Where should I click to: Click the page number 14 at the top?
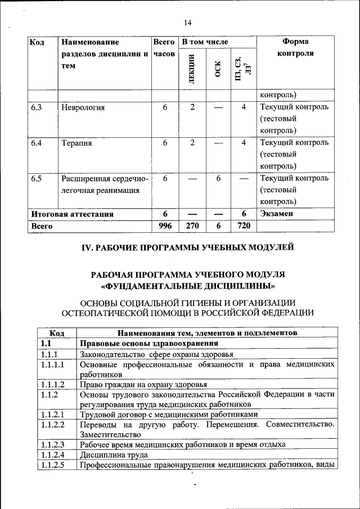[188, 22]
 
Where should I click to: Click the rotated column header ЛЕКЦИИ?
[191, 67]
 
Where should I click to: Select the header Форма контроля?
[295, 47]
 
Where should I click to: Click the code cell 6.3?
[37, 107]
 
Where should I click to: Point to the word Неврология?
[83, 107]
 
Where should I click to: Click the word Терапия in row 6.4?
[76, 143]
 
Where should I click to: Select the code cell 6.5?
[37, 178]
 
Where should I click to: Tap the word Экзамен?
[277, 214]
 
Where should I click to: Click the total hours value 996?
[165, 226]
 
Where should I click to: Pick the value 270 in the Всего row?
[192, 226]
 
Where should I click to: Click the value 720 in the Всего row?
[244, 226]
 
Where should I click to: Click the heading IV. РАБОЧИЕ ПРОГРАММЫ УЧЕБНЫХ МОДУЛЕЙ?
[188, 247]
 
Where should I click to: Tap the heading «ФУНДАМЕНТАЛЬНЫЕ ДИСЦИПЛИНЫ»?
[188, 285]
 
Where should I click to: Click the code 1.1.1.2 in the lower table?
[53, 384]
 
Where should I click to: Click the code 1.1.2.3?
[53, 444]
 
